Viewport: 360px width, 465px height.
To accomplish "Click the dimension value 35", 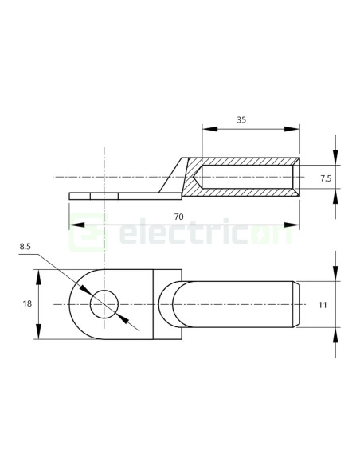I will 241,120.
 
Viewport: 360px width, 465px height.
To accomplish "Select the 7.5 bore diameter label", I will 325,178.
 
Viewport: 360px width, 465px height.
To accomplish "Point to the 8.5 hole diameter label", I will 25,248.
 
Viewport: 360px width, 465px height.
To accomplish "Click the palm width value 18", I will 27,304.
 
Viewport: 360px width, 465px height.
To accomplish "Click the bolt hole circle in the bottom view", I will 104,304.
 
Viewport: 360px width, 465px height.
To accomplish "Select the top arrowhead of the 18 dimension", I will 37,275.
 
